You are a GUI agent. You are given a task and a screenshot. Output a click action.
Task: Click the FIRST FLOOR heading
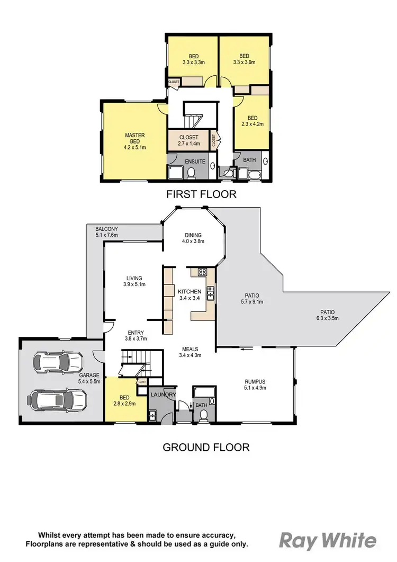pyautogui.click(x=201, y=194)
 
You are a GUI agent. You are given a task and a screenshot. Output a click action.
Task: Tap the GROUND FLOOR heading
pyautogui.click(x=205, y=447)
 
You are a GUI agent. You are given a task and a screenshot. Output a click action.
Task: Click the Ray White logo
pyautogui.click(x=328, y=540)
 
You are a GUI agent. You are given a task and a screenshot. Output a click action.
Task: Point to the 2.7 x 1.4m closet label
pyautogui.click(x=188, y=140)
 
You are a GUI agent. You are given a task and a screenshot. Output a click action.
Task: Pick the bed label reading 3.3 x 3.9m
pyautogui.click(x=244, y=59)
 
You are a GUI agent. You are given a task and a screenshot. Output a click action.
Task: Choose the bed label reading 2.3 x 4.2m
pyautogui.click(x=252, y=121)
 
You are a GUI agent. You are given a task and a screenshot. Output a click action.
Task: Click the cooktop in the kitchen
pyautogui.click(x=202, y=272)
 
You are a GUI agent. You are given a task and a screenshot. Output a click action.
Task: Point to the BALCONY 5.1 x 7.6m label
pyautogui.click(x=106, y=232)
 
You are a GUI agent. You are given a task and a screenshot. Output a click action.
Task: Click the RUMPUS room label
pyautogui.click(x=255, y=384)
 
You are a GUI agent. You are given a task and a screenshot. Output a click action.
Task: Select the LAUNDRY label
pyautogui.click(x=163, y=395)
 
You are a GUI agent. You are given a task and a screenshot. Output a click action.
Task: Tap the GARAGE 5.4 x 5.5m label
pyautogui.click(x=89, y=378)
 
